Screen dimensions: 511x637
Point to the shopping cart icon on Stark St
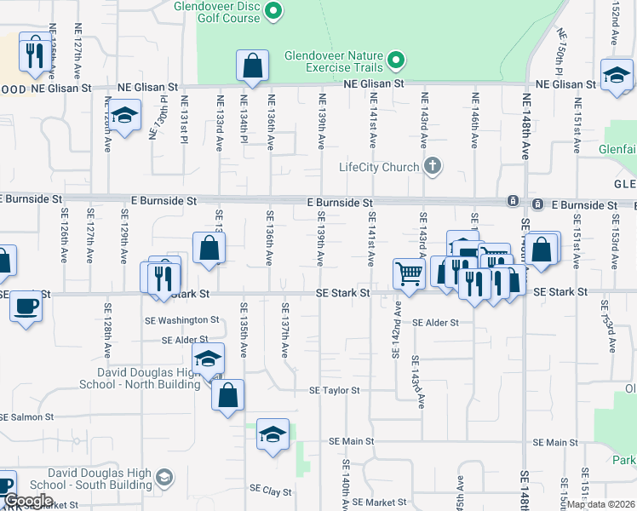click(x=409, y=274)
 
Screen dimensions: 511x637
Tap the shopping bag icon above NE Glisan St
click(x=253, y=65)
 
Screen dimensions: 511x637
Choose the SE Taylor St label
click(x=335, y=390)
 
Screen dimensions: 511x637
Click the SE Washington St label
click(x=190, y=320)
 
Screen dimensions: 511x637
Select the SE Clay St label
click(x=270, y=491)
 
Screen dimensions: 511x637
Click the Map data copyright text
click(x=601, y=504)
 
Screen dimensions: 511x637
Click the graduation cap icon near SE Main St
click(x=273, y=434)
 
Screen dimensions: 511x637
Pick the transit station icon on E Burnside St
click(x=514, y=202)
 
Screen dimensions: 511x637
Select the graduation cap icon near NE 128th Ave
click(x=125, y=116)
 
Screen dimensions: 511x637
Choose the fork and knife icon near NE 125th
click(x=34, y=54)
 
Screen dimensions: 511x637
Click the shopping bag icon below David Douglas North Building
click(x=228, y=395)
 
